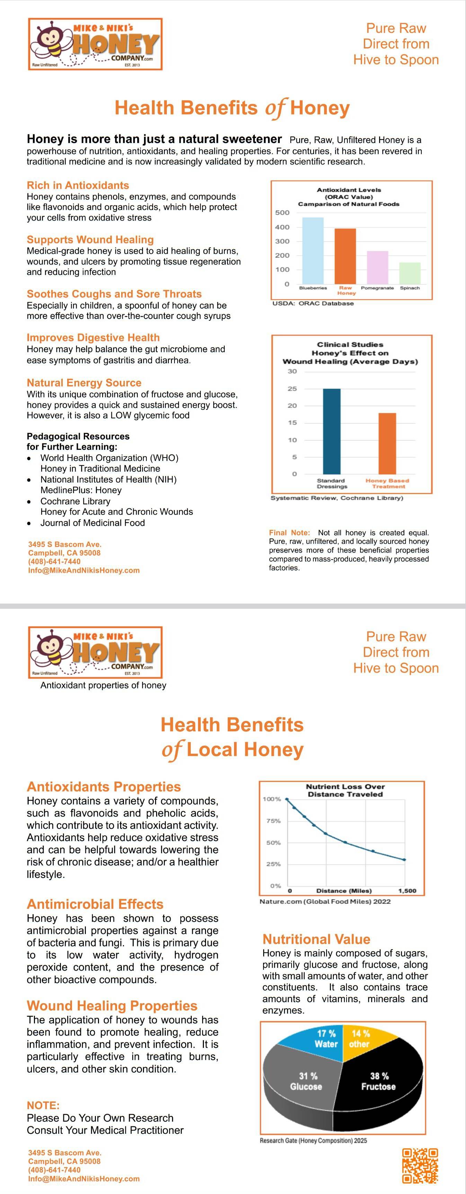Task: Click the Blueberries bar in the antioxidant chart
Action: tap(313, 251)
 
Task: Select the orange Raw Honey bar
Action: tap(345, 256)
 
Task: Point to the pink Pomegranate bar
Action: tap(377, 267)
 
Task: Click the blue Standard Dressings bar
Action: tap(331, 431)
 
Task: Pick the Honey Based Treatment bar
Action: tap(387, 443)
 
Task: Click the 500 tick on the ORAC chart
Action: tap(282, 213)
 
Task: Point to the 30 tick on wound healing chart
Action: tap(292, 371)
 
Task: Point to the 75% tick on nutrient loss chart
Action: tap(273, 821)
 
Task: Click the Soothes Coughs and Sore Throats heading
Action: tap(114, 294)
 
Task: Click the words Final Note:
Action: tap(289, 533)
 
